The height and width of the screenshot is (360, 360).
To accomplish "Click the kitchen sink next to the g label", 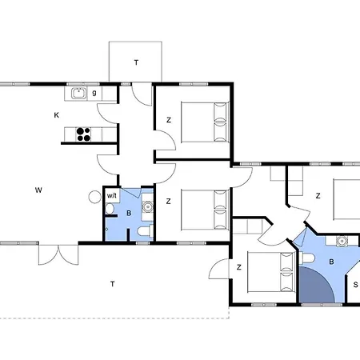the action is (78, 93).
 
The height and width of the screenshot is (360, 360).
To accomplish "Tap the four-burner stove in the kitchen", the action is (83, 134).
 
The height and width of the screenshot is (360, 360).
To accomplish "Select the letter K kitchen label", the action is (57, 115).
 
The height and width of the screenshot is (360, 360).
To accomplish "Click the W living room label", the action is (38, 190).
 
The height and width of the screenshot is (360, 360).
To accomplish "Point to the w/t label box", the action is (112, 196).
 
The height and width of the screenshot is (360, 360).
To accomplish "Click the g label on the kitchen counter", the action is (94, 93).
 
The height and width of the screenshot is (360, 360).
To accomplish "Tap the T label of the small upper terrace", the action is (136, 62).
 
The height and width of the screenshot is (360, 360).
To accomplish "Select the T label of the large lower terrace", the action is (113, 284).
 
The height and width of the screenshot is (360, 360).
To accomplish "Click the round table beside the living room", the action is (94, 197).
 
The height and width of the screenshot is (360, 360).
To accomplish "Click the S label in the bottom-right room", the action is (355, 285).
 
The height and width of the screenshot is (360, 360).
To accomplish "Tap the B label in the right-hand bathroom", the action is (331, 262).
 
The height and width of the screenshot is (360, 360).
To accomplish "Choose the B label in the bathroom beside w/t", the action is (129, 214).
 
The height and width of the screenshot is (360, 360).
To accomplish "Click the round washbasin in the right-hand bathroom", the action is (342, 241).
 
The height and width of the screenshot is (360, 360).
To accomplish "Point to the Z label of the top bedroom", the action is (169, 120).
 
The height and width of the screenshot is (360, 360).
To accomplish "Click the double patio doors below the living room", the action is (58, 254).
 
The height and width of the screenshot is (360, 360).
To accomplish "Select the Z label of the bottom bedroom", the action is (239, 267).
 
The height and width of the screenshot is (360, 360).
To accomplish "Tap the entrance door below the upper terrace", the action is (142, 94).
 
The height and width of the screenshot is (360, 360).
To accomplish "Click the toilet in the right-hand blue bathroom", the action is (307, 258).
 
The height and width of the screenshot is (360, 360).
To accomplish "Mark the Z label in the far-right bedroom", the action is (318, 196).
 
